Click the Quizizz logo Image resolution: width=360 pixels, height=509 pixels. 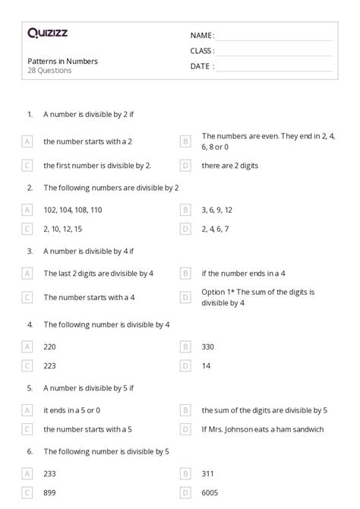[47, 33]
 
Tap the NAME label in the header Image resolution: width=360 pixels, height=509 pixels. [202, 35]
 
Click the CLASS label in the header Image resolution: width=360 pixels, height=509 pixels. [203, 51]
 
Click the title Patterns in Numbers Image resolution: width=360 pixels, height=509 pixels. [62, 61]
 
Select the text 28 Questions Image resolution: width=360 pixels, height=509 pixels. [49, 71]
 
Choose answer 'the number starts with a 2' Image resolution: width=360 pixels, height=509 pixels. [77, 141]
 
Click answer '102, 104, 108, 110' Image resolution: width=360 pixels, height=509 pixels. [73, 209]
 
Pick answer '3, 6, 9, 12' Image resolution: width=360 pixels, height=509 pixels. [217, 209]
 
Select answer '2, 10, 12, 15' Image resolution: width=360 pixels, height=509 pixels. [68, 228]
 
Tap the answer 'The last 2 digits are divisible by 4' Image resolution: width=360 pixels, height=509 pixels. [99, 273]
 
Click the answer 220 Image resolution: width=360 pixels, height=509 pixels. [50, 346]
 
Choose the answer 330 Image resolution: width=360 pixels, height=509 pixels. [208, 346]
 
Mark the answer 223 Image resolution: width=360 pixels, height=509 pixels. [50, 365]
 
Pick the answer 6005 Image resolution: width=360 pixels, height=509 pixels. [210, 493]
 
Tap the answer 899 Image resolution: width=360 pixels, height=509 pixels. [50, 493]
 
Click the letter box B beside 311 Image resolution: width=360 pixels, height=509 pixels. [185, 474]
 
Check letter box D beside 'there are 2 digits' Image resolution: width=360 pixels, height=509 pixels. [185, 165]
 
